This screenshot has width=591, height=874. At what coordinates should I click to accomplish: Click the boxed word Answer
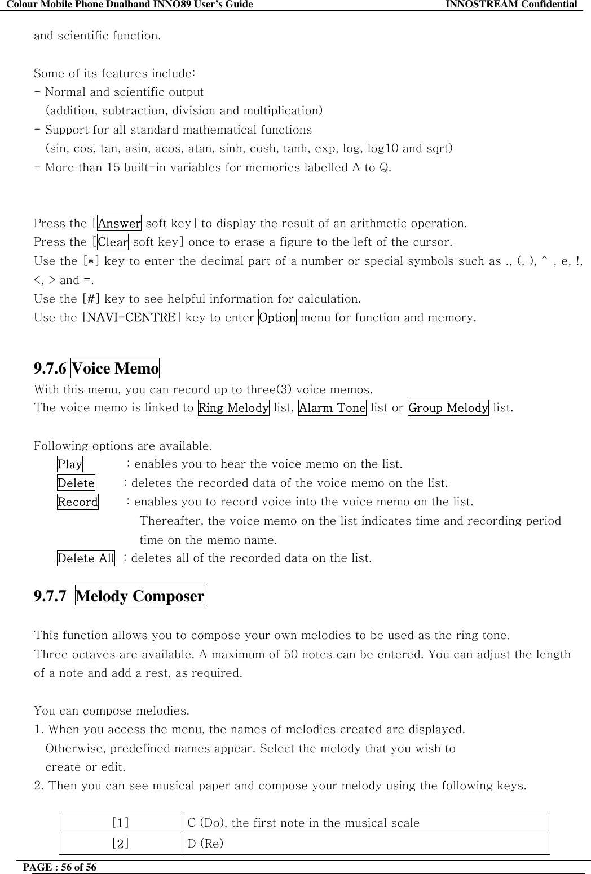pos(119,223)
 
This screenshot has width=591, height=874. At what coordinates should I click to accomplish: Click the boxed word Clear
pos(113,242)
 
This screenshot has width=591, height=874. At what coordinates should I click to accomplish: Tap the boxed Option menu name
pos(277,317)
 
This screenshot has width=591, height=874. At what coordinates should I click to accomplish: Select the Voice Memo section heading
pos(115,369)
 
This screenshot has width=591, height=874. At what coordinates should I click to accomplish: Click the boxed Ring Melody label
pos(233,407)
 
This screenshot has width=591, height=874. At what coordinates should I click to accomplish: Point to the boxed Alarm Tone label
pos(332,407)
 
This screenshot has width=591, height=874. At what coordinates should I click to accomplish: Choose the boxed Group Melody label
pos(448,407)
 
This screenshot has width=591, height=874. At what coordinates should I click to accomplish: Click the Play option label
pos(70,464)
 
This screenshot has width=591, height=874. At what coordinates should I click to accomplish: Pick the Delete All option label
pos(86,558)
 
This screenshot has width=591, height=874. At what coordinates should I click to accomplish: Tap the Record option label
pos(78,502)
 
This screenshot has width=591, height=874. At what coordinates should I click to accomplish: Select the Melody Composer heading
pos(140,596)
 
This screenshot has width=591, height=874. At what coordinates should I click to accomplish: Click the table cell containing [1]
pos(120,823)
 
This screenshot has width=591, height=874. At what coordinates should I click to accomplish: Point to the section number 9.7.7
pos(50,596)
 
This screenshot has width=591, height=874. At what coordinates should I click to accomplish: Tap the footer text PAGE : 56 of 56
pos(65,867)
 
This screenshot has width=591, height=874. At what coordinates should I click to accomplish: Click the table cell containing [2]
pos(120,844)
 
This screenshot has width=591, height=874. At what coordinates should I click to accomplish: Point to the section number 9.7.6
pos(50,369)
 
